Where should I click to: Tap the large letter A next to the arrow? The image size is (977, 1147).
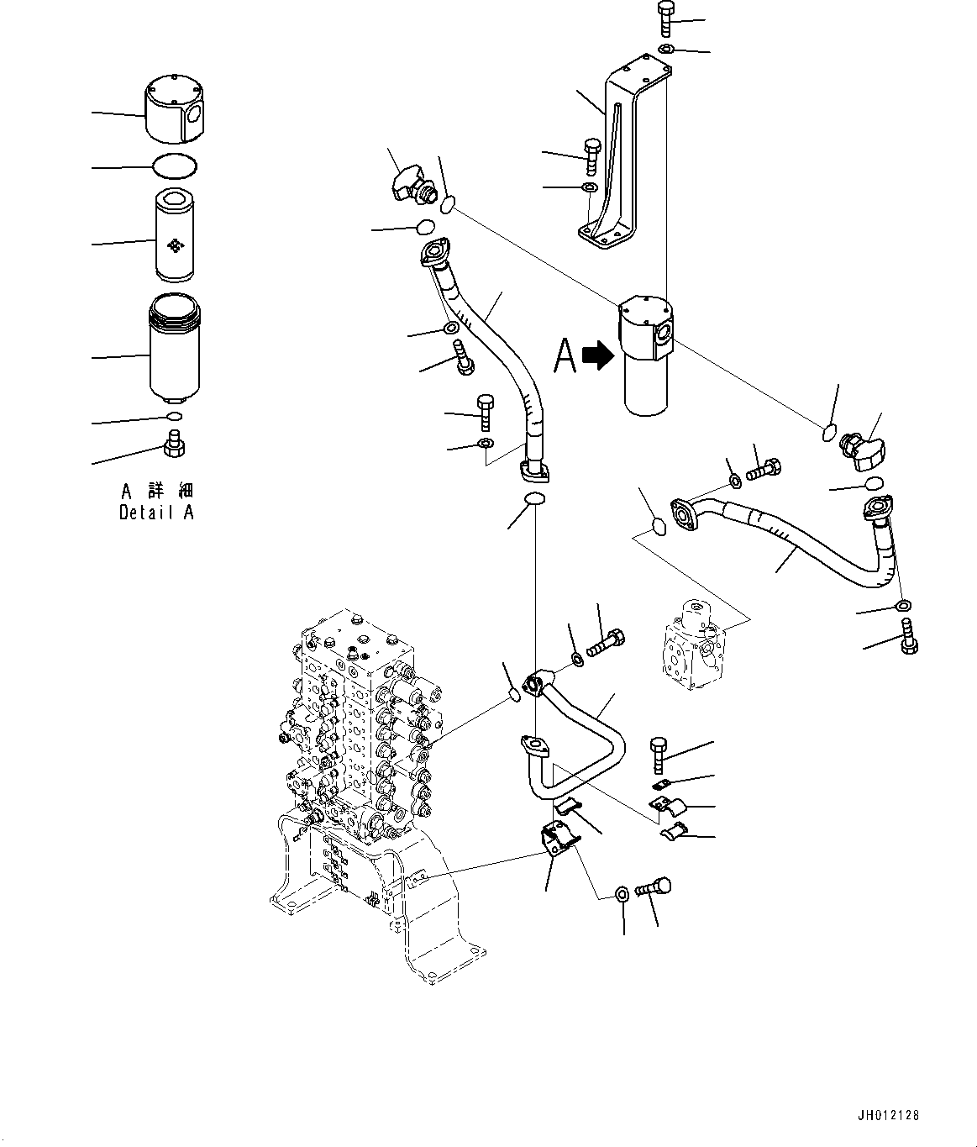pyautogui.click(x=565, y=355)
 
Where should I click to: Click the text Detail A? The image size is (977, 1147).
pyautogui.click(x=156, y=513)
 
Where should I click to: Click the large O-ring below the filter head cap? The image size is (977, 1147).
pyautogui.click(x=176, y=167)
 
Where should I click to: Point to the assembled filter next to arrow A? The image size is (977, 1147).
pyautogui.click(x=647, y=357)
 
